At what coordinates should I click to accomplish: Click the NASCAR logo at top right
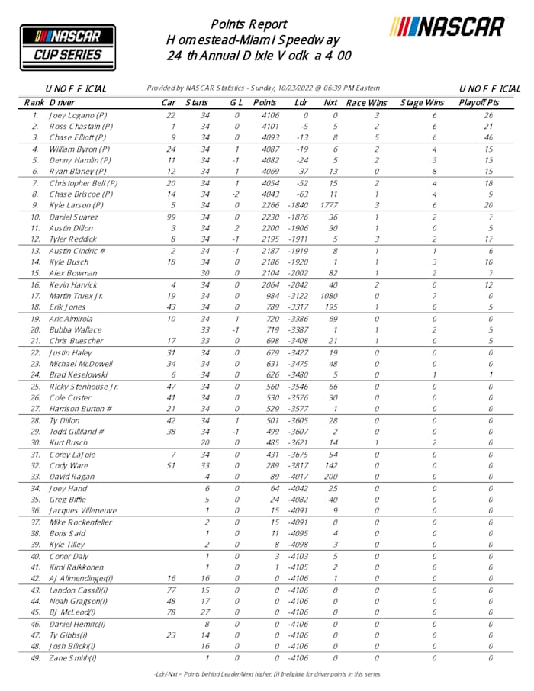click(x=448, y=27)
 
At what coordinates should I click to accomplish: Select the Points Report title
click(x=248, y=24)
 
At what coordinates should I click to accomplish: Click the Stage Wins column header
click(x=423, y=102)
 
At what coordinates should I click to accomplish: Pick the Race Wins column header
click(x=366, y=102)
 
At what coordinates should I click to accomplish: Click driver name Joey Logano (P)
click(x=78, y=115)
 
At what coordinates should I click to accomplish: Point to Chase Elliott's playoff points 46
click(x=489, y=137)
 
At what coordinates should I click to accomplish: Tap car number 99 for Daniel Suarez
click(x=172, y=217)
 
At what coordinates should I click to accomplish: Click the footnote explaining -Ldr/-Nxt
click(x=267, y=674)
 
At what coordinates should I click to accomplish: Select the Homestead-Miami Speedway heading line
click(x=253, y=40)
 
